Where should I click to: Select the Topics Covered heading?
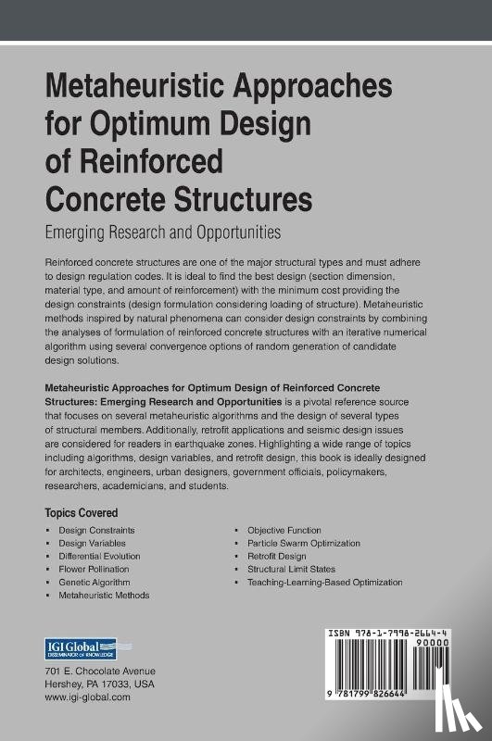tap(82, 512)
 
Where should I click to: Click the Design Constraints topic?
tap(96, 530)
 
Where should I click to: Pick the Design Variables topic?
tap(92, 543)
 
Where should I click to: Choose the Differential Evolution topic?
tap(98, 556)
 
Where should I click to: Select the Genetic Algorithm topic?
tap(93, 582)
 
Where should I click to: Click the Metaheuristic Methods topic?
tap(104, 595)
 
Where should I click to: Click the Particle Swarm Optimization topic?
tap(303, 543)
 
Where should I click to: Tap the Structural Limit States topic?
tap(291, 569)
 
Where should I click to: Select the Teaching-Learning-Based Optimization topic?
tap(324, 582)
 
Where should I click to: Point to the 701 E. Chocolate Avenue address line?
tap(100, 672)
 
